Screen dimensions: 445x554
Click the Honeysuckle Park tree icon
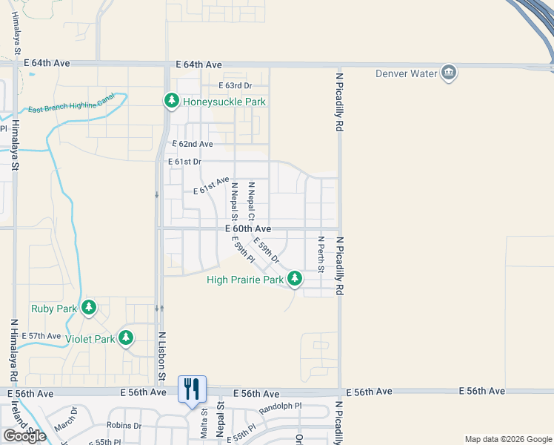point(171,100)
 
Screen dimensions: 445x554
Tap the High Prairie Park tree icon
point(295,279)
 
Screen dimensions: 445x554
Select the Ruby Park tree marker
point(89,307)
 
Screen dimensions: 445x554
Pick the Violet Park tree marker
point(126,338)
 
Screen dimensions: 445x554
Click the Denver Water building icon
point(448,73)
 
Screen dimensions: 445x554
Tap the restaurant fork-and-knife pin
point(193,386)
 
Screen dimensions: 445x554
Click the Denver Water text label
point(407,73)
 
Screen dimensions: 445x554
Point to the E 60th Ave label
point(248,229)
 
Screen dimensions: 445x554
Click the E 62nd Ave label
point(193,144)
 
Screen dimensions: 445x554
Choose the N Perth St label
point(321,254)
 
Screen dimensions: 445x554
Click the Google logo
point(24,436)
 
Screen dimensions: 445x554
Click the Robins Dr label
point(124,426)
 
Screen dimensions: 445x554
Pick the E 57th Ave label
point(41,336)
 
